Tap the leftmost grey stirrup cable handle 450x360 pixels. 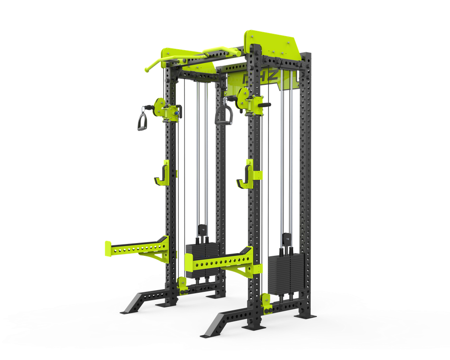(143, 119)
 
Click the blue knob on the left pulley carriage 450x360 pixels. (176, 113)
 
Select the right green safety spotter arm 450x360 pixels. (224, 263)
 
